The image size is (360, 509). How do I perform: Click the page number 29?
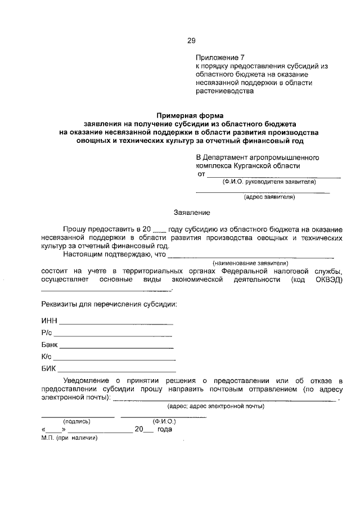(x=191, y=40)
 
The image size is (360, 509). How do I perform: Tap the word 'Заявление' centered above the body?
(x=192, y=213)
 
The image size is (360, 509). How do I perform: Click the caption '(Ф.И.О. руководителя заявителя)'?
(x=269, y=182)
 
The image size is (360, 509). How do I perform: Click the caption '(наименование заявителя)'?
(x=250, y=263)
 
